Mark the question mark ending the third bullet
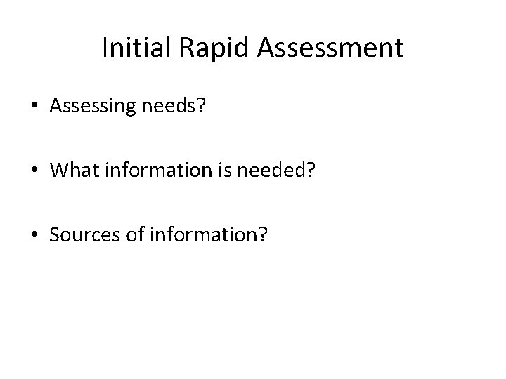tap(262, 234)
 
